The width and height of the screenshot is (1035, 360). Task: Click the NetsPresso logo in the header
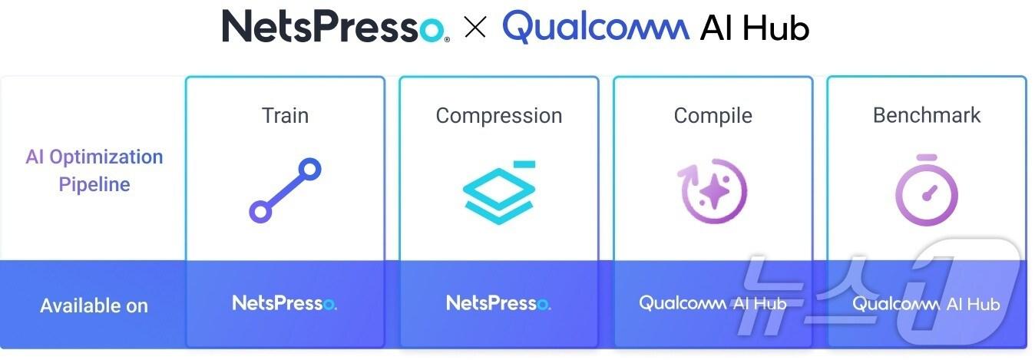[x=335, y=27]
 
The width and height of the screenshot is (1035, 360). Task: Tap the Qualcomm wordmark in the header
[x=595, y=27]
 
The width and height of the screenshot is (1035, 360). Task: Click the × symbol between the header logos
[x=476, y=28]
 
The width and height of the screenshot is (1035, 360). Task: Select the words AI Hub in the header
[x=755, y=28]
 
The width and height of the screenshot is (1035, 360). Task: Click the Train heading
[x=285, y=116]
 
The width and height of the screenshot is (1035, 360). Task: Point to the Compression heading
[x=498, y=116]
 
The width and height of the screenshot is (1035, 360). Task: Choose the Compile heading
[x=713, y=116]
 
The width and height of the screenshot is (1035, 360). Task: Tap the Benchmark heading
[x=927, y=115]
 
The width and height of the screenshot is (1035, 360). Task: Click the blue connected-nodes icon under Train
[x=285, y=190]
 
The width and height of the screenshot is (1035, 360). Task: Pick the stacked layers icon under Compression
[x=498, y=192]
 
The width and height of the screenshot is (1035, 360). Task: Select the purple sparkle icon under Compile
[x=713, y=190]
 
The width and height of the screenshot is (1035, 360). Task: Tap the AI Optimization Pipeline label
[x=94, y=170]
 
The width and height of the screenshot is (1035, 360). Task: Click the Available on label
[x=94, y=306]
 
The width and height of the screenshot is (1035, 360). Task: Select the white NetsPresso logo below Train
[x=284, y=303]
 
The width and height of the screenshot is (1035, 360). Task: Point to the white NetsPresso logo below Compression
[x=498, y=303]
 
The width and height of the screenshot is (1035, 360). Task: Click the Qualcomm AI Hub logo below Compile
[x=713, y=303]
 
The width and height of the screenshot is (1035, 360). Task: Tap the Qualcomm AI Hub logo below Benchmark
[x=926, y=304]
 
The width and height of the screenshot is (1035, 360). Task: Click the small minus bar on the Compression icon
[x=524, y=163]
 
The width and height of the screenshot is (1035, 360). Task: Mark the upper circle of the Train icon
[x=309, y=170]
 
